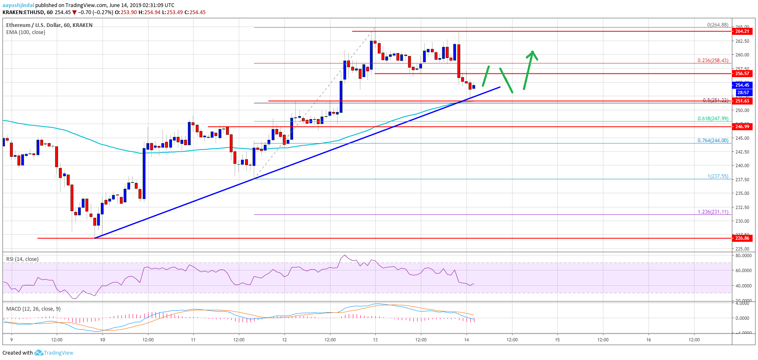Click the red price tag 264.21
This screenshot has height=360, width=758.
[x=742, y=32]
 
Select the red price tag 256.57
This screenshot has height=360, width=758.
[x=742, y=73]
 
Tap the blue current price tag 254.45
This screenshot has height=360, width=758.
[x=742, y=85]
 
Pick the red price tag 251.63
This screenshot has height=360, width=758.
[x=742, y=101]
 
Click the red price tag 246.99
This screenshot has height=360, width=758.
[x=742, y=126]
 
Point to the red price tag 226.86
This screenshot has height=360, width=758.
[x=742, y=238]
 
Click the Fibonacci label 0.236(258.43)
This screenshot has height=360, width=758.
[x=712, y=61]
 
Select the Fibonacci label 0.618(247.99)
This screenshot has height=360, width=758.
[x=712, y=119]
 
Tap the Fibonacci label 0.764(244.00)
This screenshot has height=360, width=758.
[x=712, y=141]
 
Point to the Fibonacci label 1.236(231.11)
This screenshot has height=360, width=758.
[x=712, y=212]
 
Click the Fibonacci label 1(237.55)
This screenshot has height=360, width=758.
[x=717, y=176]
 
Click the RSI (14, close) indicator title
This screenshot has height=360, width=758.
[x=22, y=259]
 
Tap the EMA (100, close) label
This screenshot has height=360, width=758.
[x=26, y=32]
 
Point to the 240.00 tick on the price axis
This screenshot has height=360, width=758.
[x=742, y=165]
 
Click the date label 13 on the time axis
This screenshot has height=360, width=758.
[x=375, y=340]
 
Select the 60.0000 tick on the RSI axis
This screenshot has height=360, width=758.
[x=743, y=270]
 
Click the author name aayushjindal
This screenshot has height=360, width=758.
[x=18, y=5]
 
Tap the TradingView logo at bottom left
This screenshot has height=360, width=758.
[x=54, y=353]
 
